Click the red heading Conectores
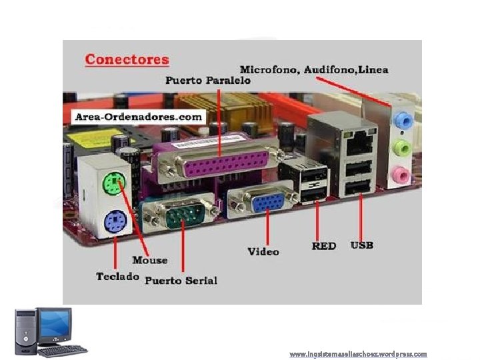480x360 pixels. pyautogui.click(x=127, y=59)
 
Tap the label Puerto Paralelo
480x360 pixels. pyautogui.click(x=207, y=80)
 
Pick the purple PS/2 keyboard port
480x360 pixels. pyautogui.click(x=114, y=219)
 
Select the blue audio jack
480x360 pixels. pyautogui.click(x=402, y=121)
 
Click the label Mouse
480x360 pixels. pyautogui.click(x=149, y=260)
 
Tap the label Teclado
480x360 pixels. pyautogui.click(x=117, y=276)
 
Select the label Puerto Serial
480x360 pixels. pyautogui.click(x=181, y=280)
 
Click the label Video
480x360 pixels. pyautogui.click(x=263, y=252)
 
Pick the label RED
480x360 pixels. pyautogui.click(x=324, y=245)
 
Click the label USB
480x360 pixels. pyautogui.click(x=362, y=245)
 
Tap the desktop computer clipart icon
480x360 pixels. pyautogui.click(x=51, y=331)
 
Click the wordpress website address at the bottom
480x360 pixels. pyautogui.click(x=358, y=354)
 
